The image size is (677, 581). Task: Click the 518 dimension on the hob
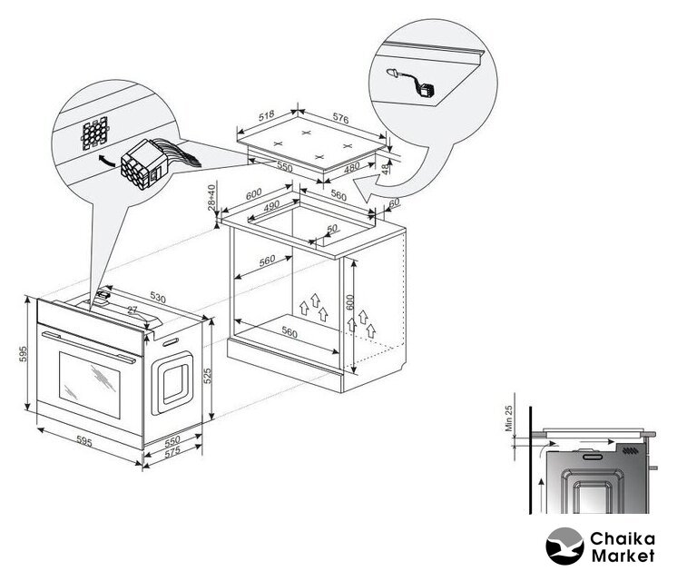tap(267, 115)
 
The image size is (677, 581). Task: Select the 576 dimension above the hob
tap(340, 118)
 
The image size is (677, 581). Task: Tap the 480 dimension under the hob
tap(351, 167)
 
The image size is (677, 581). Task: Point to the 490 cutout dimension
tap(271, 206)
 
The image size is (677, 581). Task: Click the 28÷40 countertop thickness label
tap(211, 198)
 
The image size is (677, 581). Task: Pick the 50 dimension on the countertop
tap(331, 229)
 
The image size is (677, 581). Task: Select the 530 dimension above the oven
tap(158, 297)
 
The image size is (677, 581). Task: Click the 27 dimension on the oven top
tap(132, 310)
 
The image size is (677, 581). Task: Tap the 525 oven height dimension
tap(207, 376)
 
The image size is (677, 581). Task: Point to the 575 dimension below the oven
tap(172, 452)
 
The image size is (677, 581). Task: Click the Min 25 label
tap(508, 419)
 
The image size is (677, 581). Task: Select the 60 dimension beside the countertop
tap(394, 202)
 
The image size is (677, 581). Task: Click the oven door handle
tap(88, 347)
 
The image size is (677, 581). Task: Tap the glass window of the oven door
tap(89, 385)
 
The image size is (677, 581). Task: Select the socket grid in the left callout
tap(95, 133)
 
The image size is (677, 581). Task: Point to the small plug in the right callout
tap(413, 83)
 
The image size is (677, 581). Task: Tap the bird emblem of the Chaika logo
tap(564, 546)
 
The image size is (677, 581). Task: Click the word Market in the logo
tap(623, 556)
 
